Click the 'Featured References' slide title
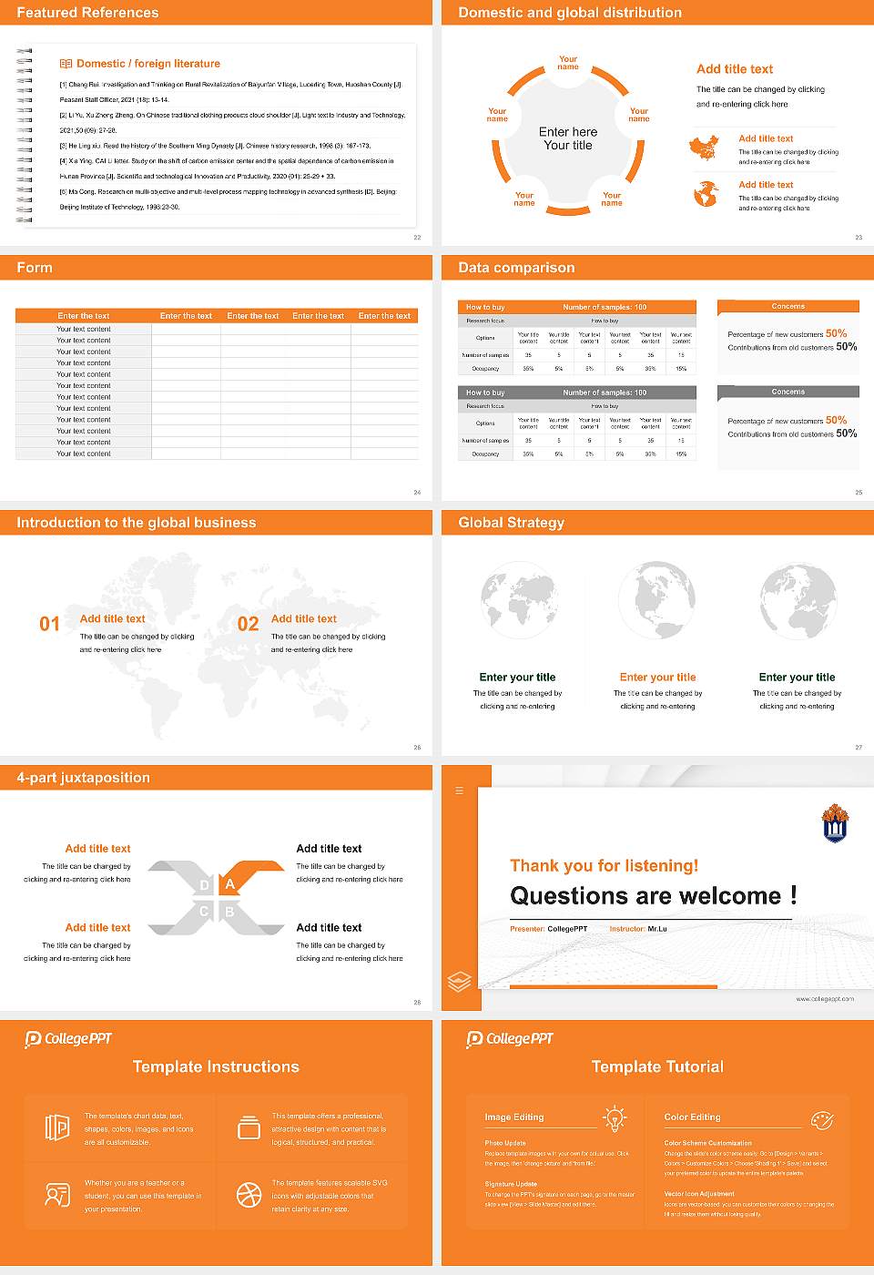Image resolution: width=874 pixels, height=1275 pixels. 87,13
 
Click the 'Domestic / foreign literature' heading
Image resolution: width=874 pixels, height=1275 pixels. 147,64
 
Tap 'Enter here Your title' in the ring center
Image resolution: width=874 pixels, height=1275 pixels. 568,138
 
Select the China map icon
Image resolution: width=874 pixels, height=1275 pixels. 704,148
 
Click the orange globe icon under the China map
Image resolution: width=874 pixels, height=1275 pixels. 706,194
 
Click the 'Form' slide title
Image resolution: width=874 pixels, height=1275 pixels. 35,268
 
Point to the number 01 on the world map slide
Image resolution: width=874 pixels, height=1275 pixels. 49,624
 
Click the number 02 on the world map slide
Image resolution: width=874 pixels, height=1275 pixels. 248,624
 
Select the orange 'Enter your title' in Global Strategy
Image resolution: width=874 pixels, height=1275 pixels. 657,678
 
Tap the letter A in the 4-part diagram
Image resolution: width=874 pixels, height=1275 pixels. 230,884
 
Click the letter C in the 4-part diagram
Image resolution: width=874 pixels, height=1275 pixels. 204,912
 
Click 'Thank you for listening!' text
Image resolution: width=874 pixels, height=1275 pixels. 604,866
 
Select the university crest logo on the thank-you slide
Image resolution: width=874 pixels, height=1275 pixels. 835,822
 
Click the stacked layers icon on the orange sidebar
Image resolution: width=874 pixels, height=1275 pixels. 460,981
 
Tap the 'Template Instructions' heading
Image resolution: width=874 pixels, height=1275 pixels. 216,1066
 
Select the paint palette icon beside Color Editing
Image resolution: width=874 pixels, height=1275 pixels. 821,1118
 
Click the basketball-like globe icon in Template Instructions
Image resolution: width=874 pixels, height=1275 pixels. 249,1195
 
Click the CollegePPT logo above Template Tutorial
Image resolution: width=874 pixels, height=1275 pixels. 510,1039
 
